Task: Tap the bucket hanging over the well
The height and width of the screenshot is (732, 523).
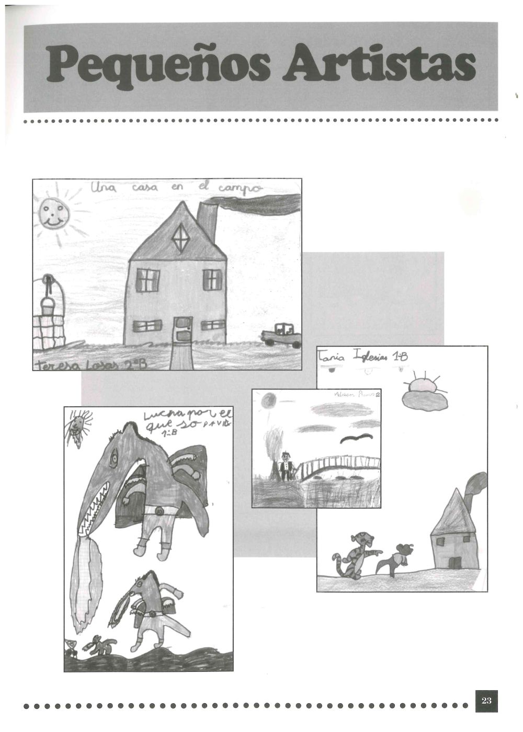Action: pos(48,306)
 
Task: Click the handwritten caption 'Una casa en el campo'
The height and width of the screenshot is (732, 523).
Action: pos(175,187)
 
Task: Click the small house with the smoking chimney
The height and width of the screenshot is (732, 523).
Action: pos(453,539)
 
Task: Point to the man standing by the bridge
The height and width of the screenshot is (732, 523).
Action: pos(285,465)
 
